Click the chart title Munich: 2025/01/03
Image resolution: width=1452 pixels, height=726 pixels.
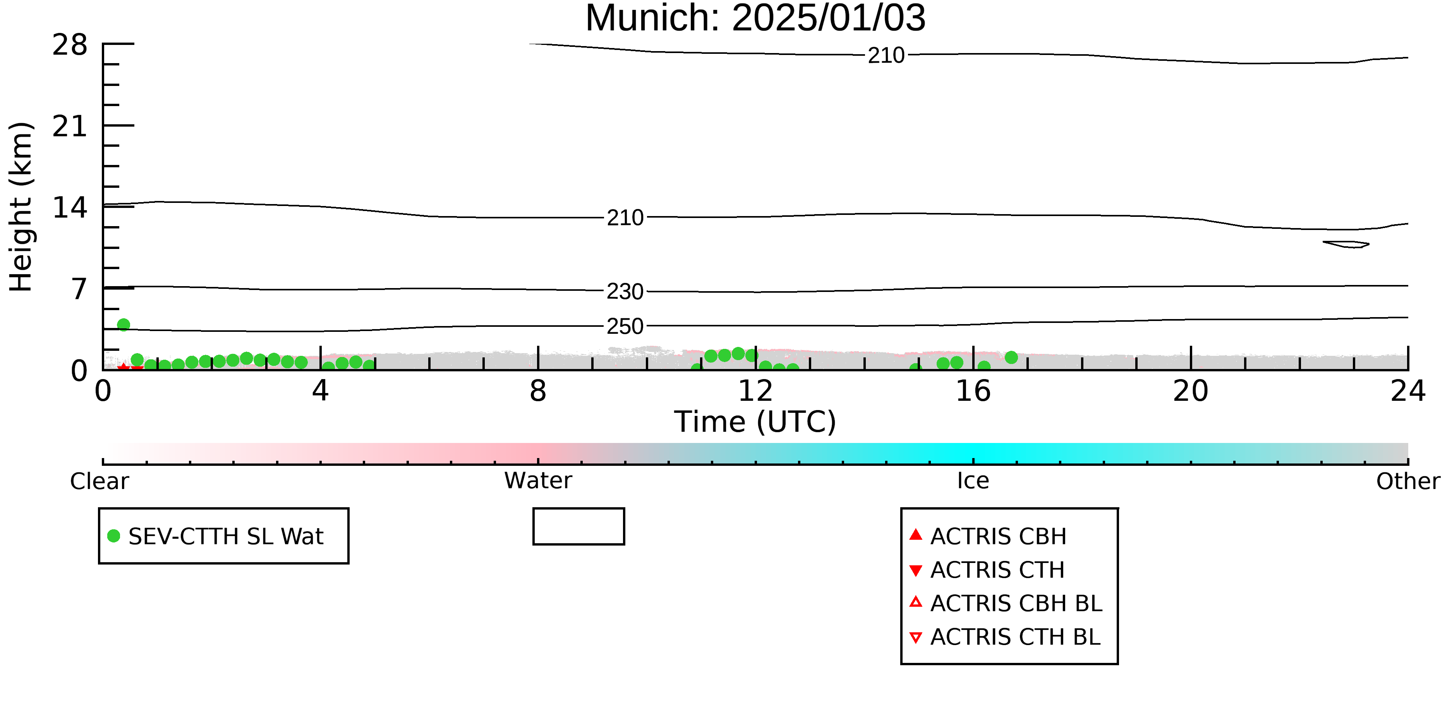[755, 19]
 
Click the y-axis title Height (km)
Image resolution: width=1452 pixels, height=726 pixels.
[21, 207]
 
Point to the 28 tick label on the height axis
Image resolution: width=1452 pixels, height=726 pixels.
[70, 45]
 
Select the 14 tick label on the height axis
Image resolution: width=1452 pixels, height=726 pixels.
[70, 208]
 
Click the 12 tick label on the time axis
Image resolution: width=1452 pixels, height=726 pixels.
[755, 391]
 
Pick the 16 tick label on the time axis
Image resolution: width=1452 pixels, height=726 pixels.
[973, 391]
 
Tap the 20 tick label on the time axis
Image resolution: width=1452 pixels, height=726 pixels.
[1191, 391]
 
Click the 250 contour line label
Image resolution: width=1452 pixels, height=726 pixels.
[625, 326]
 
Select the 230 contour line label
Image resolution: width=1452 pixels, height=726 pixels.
[625, 292]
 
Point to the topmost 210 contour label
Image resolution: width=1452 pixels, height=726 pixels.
[886, 55]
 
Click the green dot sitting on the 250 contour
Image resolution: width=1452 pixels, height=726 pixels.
[124, 325]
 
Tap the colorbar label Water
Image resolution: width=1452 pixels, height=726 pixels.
[538, 481]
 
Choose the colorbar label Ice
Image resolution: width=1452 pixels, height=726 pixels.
[973, 481]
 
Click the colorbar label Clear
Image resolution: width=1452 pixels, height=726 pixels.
[99, 481]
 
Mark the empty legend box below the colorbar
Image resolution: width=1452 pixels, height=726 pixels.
[578, 509]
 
